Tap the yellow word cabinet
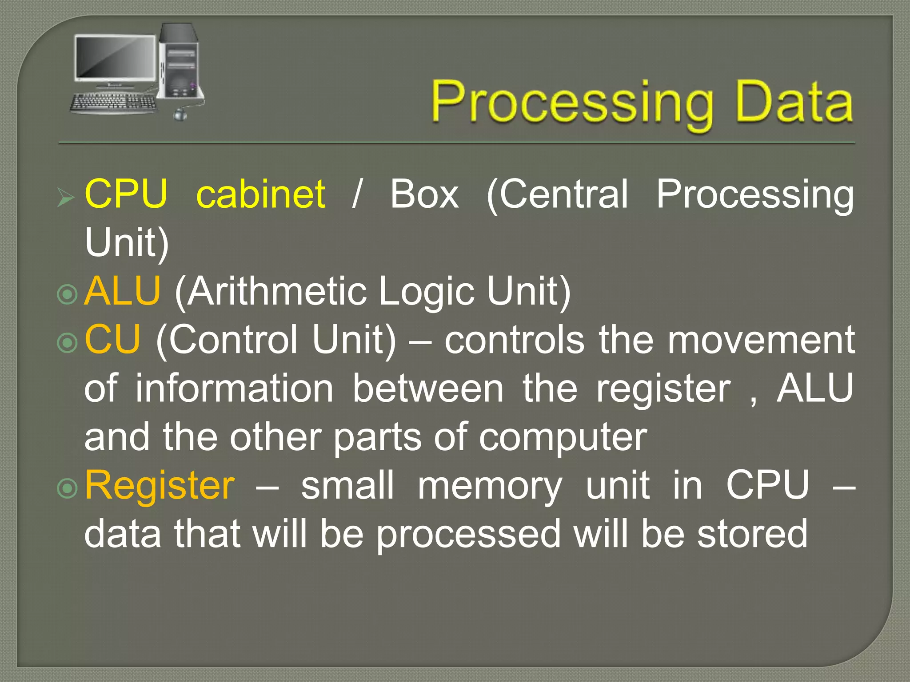(x=261, y=194)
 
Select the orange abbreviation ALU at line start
(x=122, y=291)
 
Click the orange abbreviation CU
(x=112, y=340)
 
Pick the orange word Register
(x=160, y=485)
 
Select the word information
(x=234, y=389)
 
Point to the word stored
(x=752, y=534)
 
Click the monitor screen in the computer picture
(x=114, y=57)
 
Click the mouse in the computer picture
(x=180, y=115)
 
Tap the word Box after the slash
(x=424, y=194)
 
